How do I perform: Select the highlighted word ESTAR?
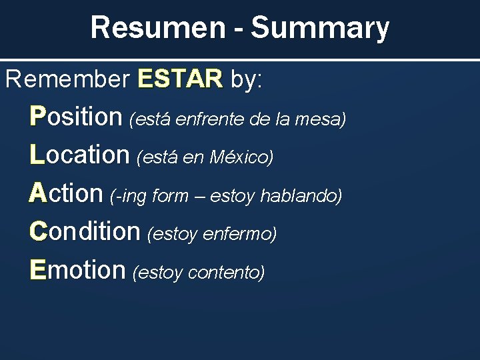pos(179,80)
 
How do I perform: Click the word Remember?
pos(67,80)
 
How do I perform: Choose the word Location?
pos(79,155)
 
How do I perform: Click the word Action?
pos(66,193)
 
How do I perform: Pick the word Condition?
pos(85,231)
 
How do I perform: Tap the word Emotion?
pos(77,269)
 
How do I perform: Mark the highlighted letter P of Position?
pos(38,117)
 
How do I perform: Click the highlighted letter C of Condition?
pos(39,231)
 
